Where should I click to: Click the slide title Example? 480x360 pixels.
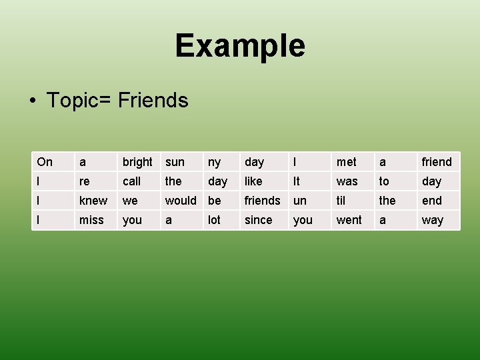240,46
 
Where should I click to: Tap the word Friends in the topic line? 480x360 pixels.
153,101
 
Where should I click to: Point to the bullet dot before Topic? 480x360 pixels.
32,101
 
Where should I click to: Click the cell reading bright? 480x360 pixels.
137,162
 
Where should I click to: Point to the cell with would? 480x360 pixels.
181,201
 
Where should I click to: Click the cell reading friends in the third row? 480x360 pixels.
263,201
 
